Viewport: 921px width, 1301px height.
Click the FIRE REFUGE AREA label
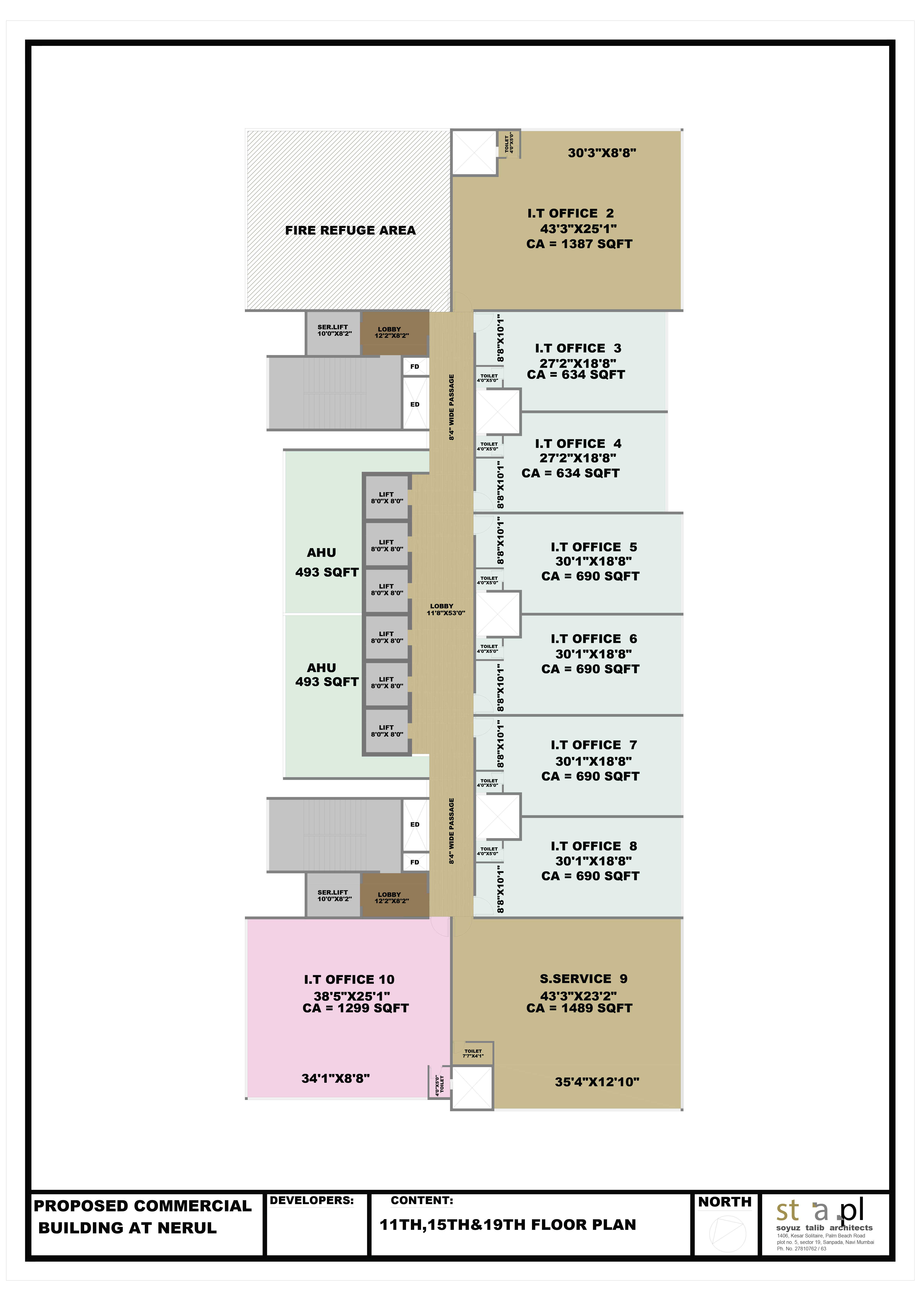350,230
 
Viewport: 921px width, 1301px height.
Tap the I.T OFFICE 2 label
571,214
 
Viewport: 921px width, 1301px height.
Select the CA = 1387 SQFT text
579,244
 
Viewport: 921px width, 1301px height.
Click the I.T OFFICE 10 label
349,980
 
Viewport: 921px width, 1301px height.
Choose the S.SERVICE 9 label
584,979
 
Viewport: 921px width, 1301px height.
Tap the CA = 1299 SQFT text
356,1008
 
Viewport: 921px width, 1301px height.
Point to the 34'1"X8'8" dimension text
336,1078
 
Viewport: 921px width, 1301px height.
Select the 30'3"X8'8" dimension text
602,153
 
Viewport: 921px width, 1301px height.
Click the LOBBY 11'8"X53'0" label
446,609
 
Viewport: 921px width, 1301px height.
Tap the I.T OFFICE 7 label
594,745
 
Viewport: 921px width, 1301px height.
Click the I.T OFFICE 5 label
594,547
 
